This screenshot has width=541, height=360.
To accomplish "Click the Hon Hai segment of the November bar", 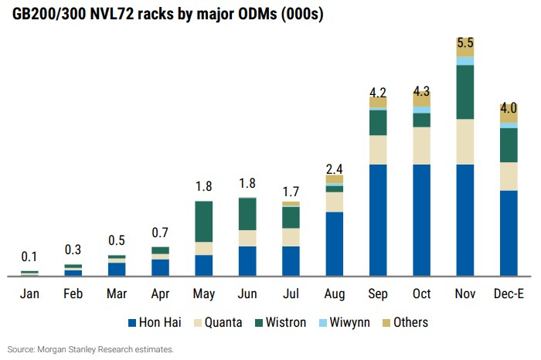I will (x=464, y=219).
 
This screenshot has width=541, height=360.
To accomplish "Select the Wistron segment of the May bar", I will (x=203, y=221).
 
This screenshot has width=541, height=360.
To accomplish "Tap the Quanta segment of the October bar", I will (x=421, y=145).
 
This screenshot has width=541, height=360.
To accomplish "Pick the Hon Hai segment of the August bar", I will (x=334, y=243).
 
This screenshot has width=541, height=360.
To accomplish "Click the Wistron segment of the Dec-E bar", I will (x=509, y=144).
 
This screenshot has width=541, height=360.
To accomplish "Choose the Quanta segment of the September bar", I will (x=378, y=149).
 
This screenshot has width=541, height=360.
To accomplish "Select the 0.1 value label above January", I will (x=29, y=256).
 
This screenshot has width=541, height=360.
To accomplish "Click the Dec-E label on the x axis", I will (x=508, y=294).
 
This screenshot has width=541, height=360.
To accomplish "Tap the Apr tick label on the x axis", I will (x=160, y=294).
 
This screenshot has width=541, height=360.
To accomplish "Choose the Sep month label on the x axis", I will (x=378, y=294).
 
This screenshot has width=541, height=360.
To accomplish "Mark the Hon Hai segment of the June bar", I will (x=247, y=260).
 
